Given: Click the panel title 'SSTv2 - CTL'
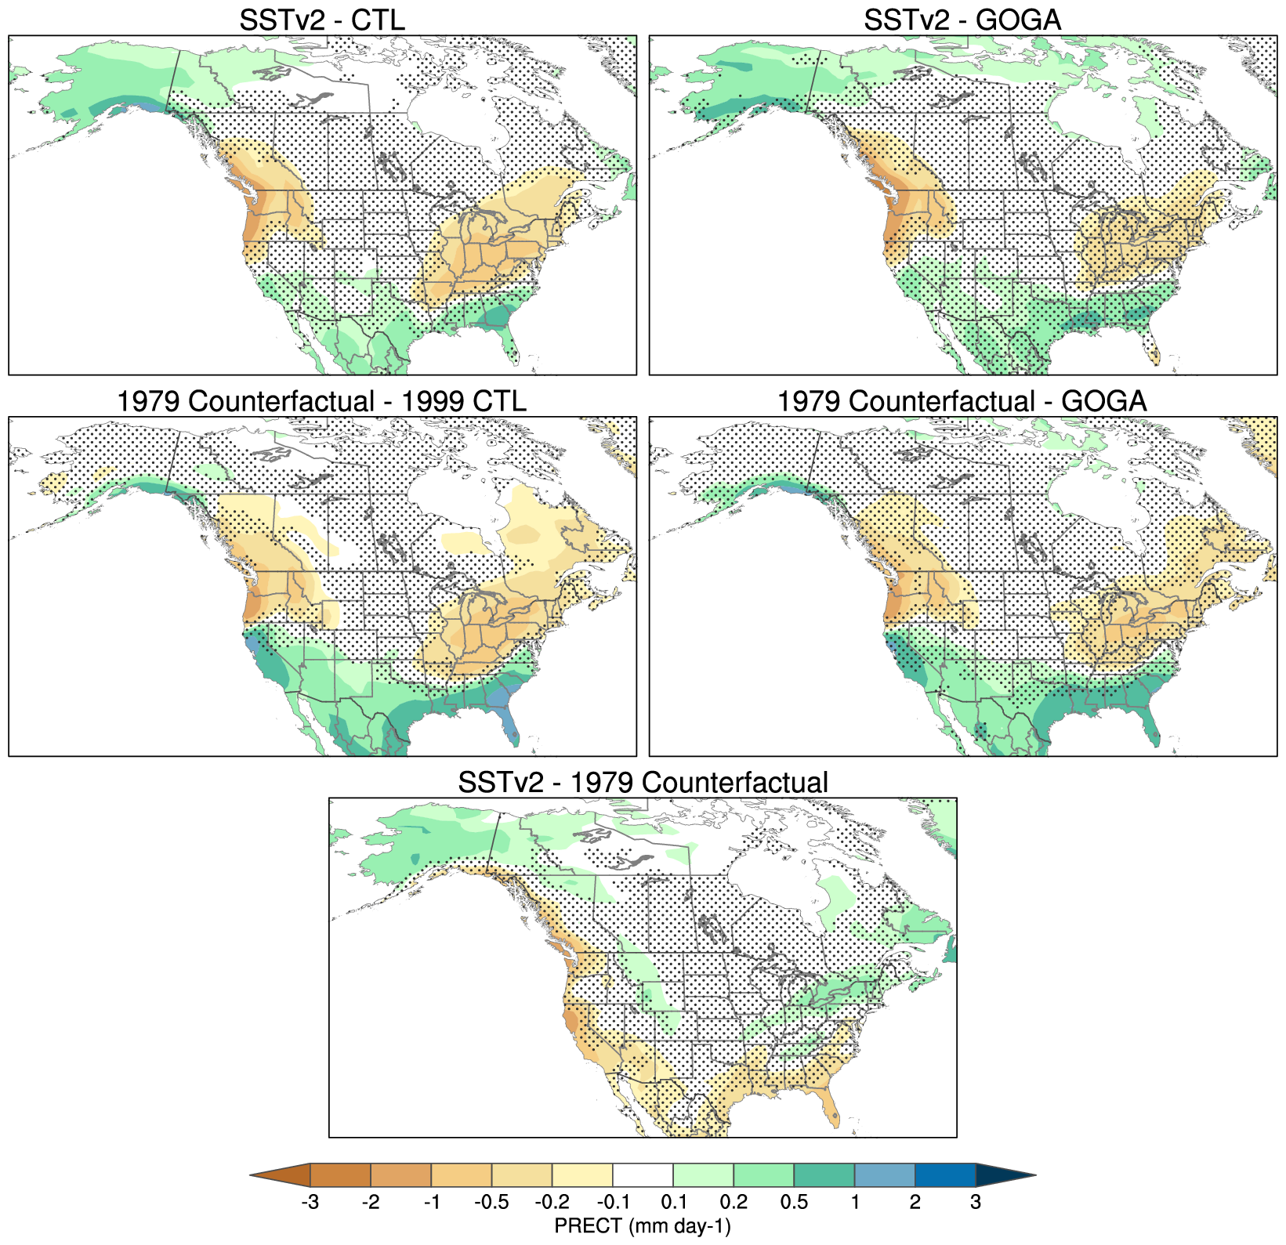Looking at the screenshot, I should (x=322, y=20).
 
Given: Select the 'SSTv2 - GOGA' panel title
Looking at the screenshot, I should (x=962, y=20).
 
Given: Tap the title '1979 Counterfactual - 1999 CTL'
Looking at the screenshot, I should (x=321, y=401).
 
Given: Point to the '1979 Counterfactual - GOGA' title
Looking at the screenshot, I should (x=962, y=401).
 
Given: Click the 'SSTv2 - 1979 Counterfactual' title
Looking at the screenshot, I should (x=643, y=783).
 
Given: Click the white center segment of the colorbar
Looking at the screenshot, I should (x=643, y=1175).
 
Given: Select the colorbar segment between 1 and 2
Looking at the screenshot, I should (x=885, y=1175).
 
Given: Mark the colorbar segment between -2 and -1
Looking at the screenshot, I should (x=400, y=1175).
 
